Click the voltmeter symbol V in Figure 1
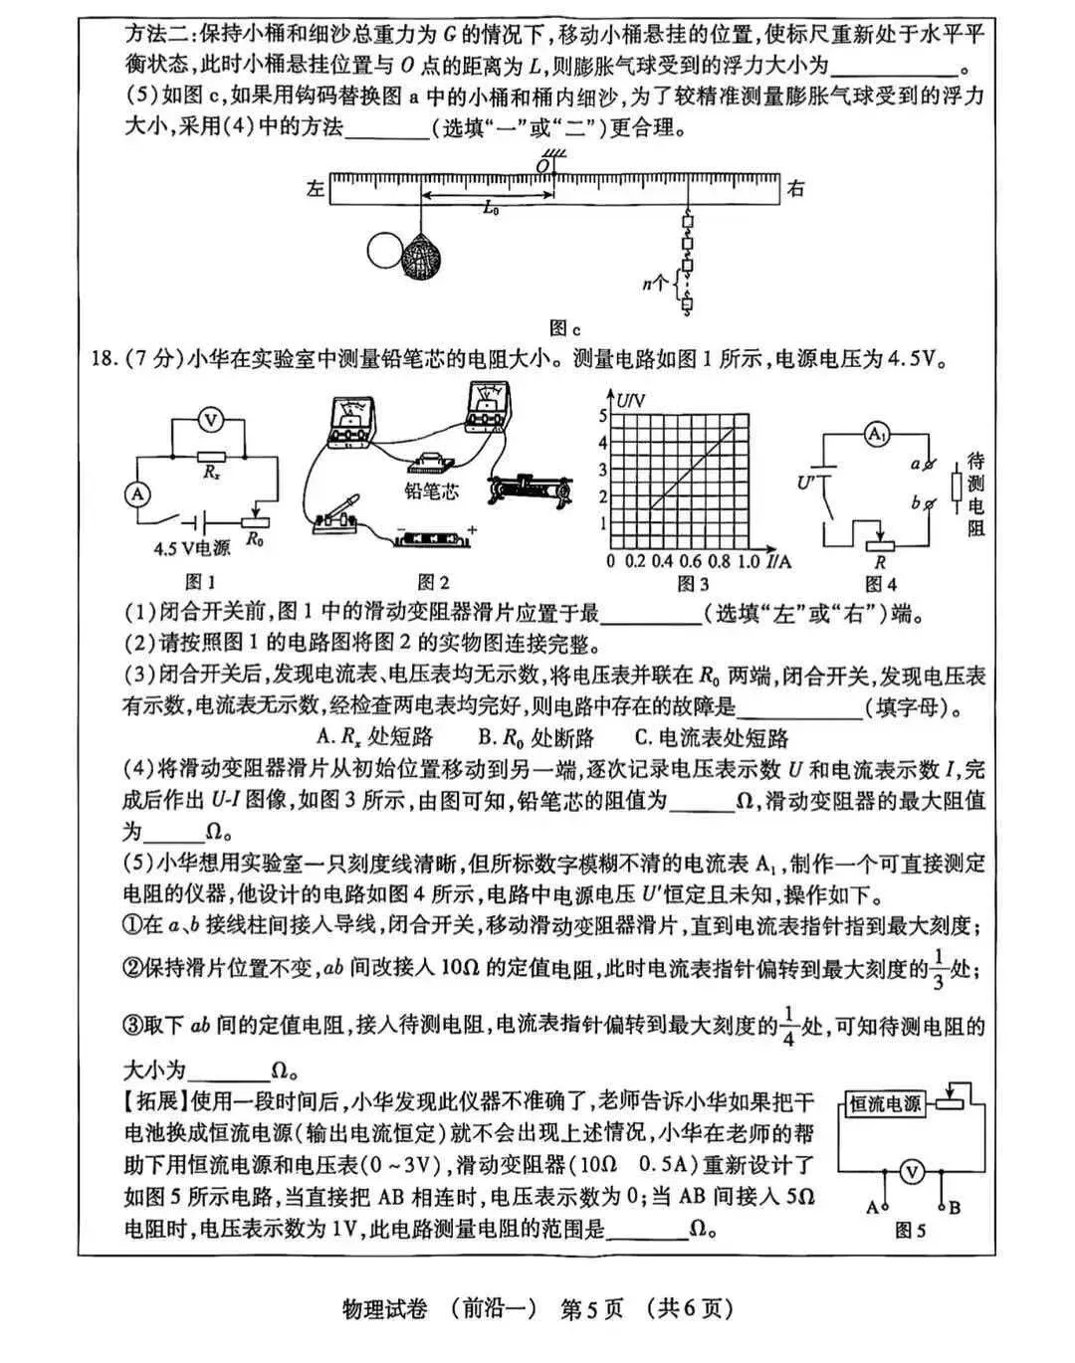click(210, 420)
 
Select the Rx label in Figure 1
click(211, 473)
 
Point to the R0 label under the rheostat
click(255, 540)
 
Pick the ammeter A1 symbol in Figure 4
click(876, 434)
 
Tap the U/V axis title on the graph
click(631, 400)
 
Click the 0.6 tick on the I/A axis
click(689, 561)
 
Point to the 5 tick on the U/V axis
click(603, 416)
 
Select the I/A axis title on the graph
click(780, 561)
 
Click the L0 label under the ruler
click(490, 209)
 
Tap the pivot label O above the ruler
click(543, 162)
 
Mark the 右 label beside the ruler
click(795, 188)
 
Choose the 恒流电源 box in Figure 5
click(884, 1103)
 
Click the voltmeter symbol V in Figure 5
click(911, 1173)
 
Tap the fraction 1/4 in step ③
click(787, 1026)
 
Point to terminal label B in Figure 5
click(954, 1207)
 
